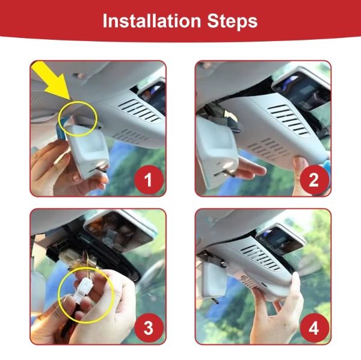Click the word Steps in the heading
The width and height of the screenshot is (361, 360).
point(232,22)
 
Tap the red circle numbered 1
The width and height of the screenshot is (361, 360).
point(149,179)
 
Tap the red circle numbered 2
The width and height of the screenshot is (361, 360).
point(314,179)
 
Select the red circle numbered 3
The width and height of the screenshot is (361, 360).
point(149,327)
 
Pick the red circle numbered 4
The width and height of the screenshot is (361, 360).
point(314,327)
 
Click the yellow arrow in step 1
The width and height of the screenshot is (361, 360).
point(53,79)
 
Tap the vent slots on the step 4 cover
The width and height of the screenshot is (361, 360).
point(261,257)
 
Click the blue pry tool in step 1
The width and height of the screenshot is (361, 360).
point(60,130)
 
